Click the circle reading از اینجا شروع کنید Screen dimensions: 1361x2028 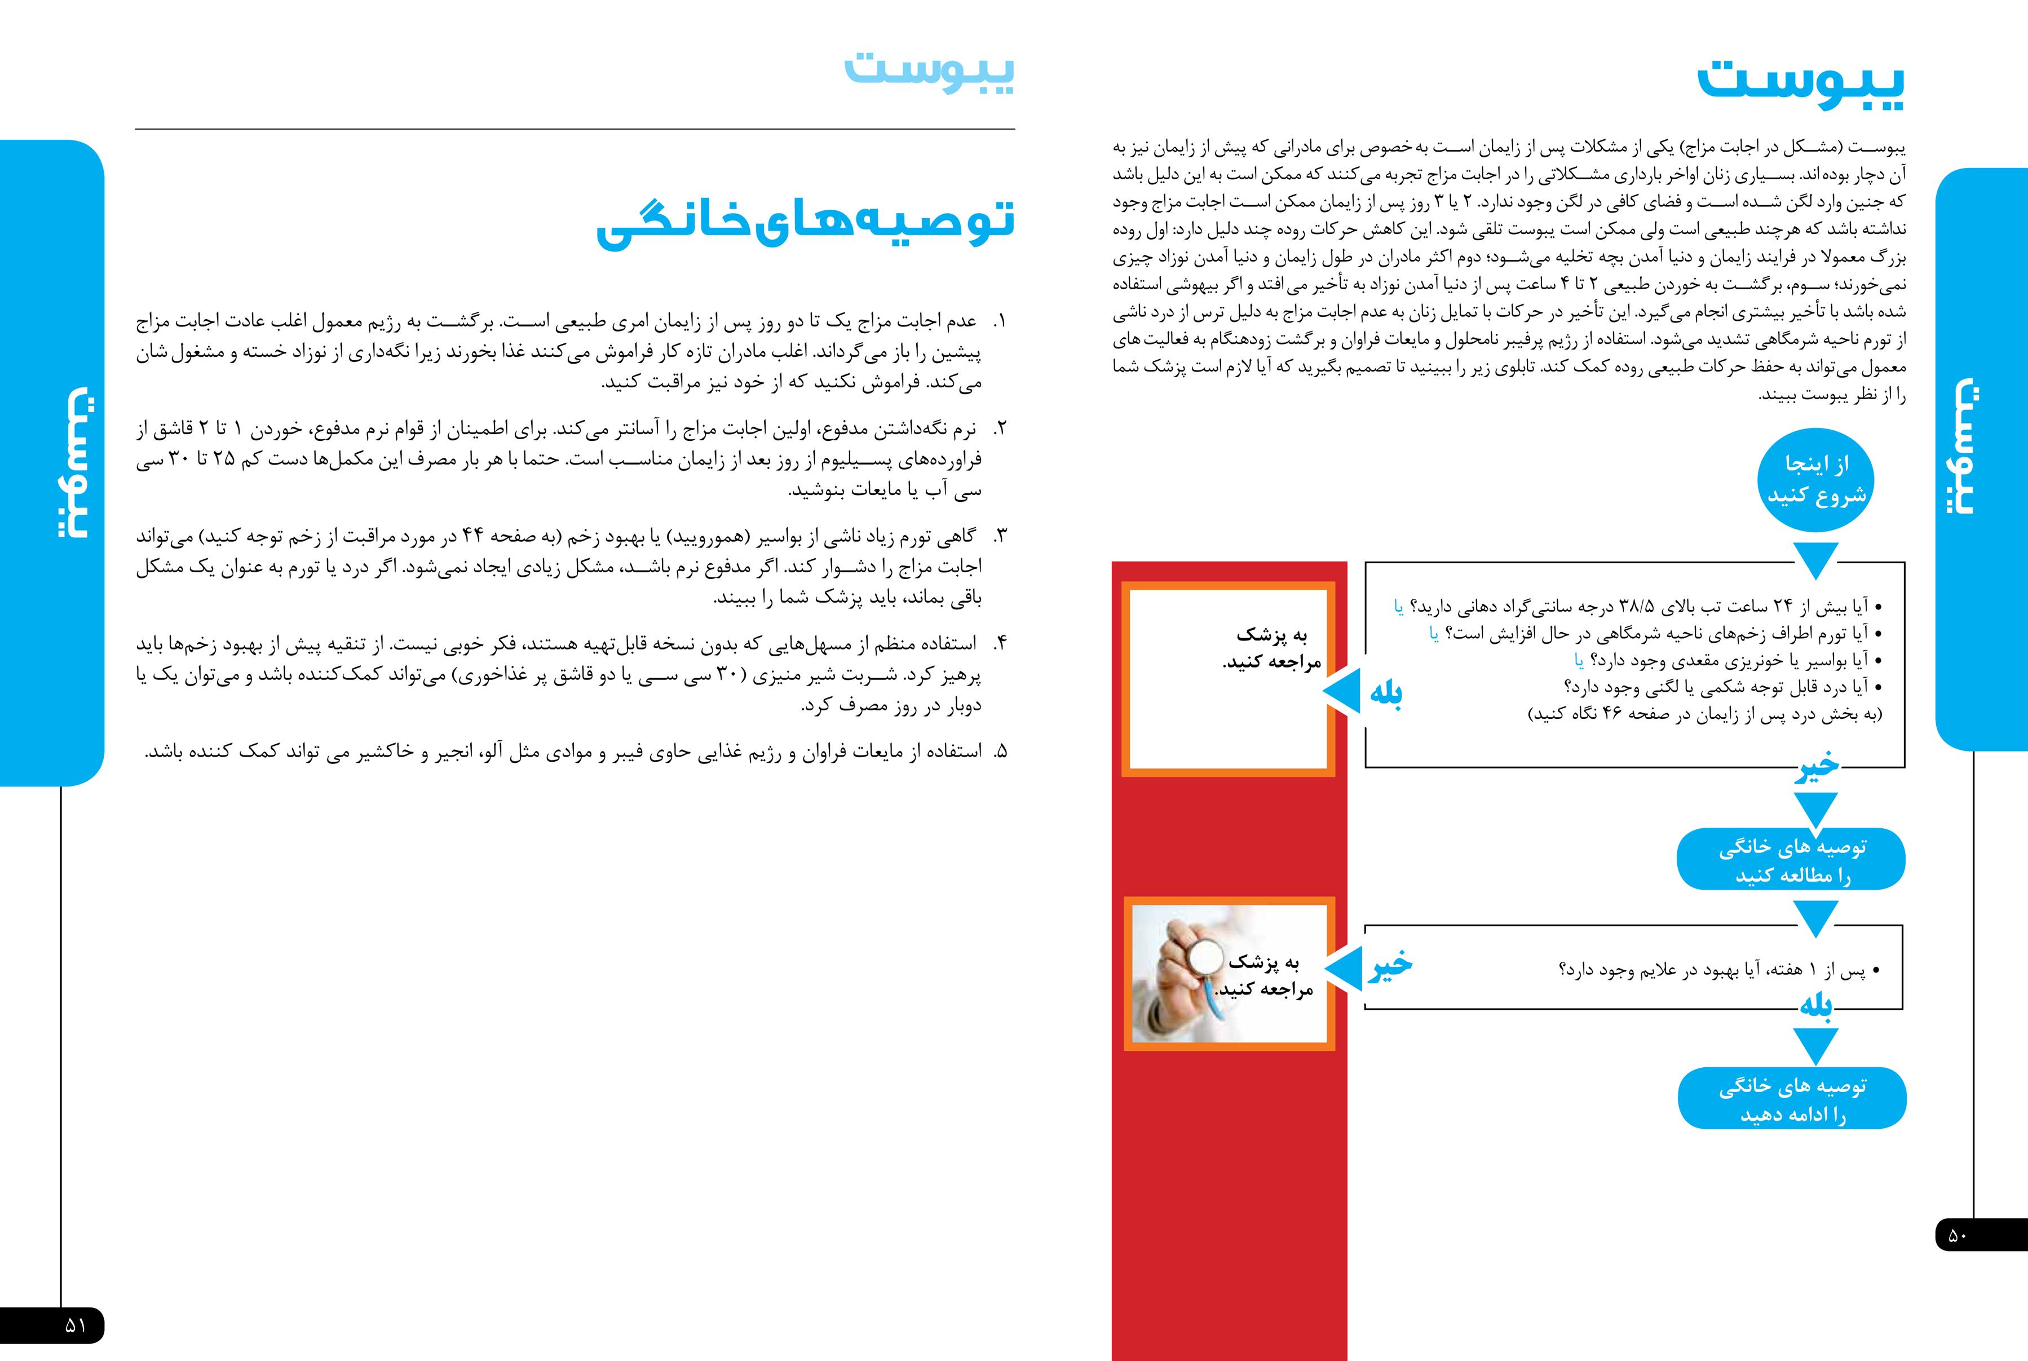pos(1815,479)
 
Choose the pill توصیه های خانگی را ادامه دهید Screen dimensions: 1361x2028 pos(1791,1099)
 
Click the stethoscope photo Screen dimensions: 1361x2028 pos(1185,975)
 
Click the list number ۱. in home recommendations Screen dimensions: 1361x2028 pos(1000,322)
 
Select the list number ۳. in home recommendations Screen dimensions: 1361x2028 pos(1000,536)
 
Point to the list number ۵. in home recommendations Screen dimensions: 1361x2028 pos(1000,752)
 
